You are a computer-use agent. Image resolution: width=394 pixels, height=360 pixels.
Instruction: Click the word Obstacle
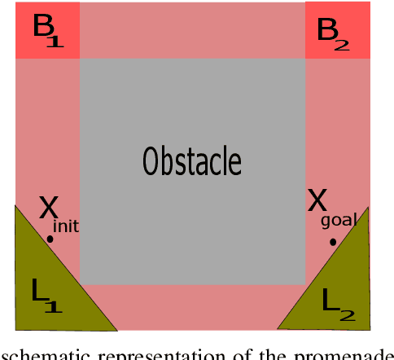pyautogui.click(x=192, y=160)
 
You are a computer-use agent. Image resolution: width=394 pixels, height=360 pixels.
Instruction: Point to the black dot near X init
pyautogui.click(x=50, y=239)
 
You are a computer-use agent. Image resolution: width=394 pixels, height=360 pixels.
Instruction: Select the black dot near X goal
pyautogui.click(x=332, y=242)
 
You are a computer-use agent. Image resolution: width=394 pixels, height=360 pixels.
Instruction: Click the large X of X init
pyautogui.click(x=49, y=210)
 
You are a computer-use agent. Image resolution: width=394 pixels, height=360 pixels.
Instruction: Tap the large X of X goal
pyautogui.click(x=317, y=200)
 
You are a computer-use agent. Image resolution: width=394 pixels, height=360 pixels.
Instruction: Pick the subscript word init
pyautogui.click(x=65, y=226)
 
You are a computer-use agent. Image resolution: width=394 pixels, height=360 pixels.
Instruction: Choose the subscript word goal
pyautogui.click(x=337, y=221)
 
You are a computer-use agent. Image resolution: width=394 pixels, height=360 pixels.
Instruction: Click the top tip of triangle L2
pyautogui.click(x=367, y=208)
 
